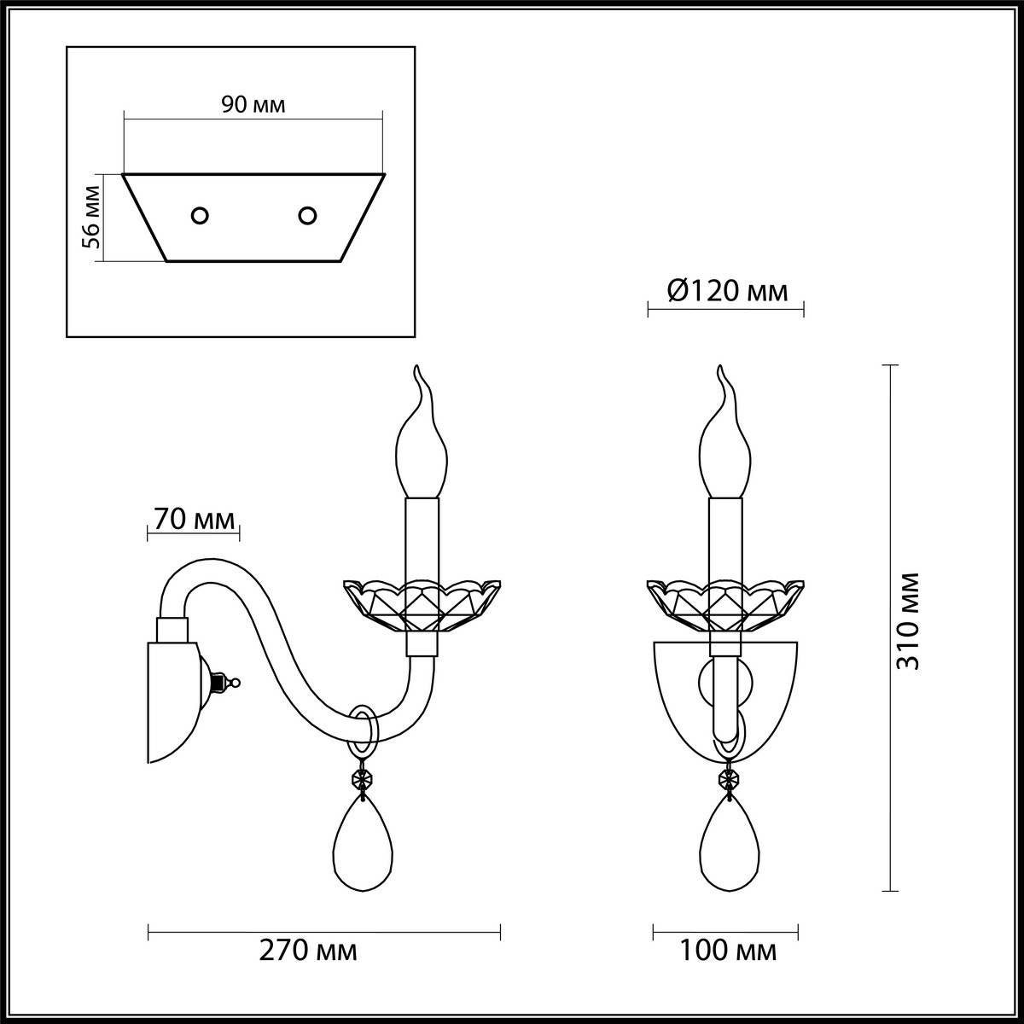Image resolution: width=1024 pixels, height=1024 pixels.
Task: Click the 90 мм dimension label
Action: pos(253,105)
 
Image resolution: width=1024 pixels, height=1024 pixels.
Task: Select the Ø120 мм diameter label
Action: pos(726,292)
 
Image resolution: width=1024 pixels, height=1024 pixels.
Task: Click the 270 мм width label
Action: pos(308,950)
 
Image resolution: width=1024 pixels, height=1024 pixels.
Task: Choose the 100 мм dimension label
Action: pos(728,950)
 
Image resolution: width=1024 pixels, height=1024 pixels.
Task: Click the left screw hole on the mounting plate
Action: pos(201,216)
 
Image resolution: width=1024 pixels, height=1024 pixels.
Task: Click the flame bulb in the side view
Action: pos(422,444)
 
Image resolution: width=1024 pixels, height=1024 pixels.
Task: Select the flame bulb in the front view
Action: pos(725,444)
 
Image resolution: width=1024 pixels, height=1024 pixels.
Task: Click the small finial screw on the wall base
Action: pos(228,683)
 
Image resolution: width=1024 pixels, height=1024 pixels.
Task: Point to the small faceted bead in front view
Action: pos(729,779)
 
